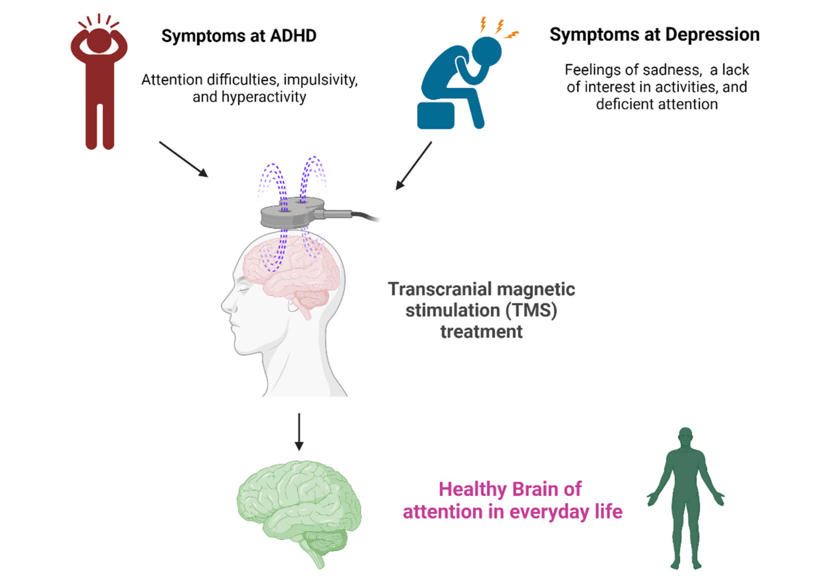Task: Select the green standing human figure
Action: pos(685,497)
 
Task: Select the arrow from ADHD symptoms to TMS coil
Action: pos(183,159)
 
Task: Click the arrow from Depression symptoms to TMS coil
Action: pos(413,166)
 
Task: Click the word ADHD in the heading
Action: pos(293,36)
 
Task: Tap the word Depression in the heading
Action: pos(712,35)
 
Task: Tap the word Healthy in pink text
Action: pos(472,489)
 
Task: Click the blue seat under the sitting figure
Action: pos(435,115)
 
